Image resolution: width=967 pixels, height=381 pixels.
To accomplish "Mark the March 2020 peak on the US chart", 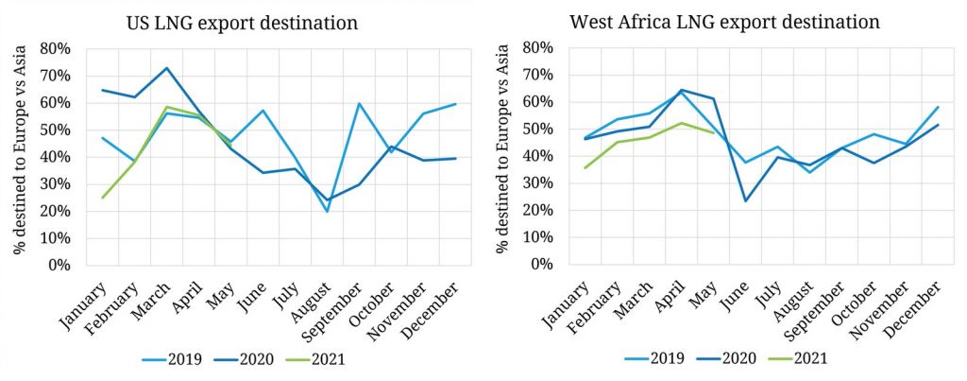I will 166,68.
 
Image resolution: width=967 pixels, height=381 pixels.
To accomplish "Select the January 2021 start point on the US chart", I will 102,198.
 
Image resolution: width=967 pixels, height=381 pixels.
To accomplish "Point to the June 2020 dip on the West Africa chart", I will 745,200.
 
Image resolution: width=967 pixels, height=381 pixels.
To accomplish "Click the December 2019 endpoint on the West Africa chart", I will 938,107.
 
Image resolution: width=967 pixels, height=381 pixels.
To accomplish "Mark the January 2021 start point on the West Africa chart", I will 585,167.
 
